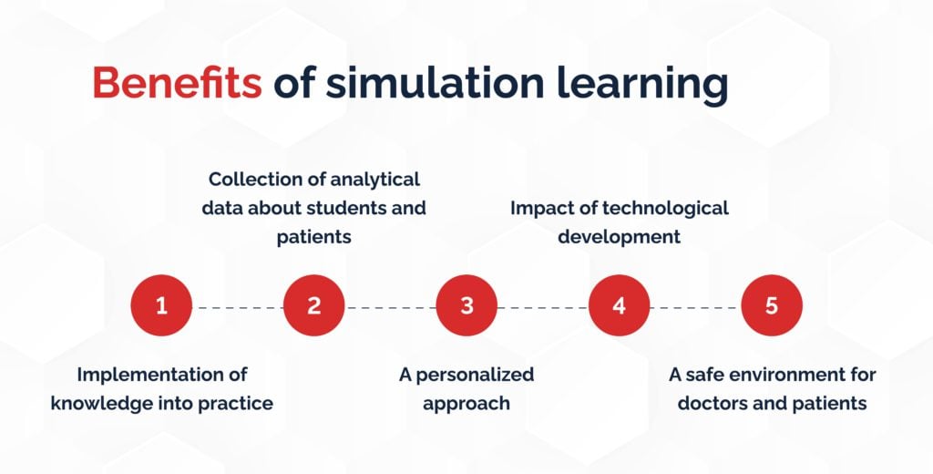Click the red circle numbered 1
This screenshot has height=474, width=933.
161,305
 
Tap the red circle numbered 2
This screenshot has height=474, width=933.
314,305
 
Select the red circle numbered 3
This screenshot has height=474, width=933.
466,305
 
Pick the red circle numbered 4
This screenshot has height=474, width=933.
619,305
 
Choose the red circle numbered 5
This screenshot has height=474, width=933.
772,305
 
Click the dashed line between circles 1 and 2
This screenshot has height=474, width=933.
238,308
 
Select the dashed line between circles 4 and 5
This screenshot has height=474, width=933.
695,308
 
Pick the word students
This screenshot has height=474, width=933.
334,209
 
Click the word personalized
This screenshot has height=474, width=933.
474,376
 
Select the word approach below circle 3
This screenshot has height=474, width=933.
466,405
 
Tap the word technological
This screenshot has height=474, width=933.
664,209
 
